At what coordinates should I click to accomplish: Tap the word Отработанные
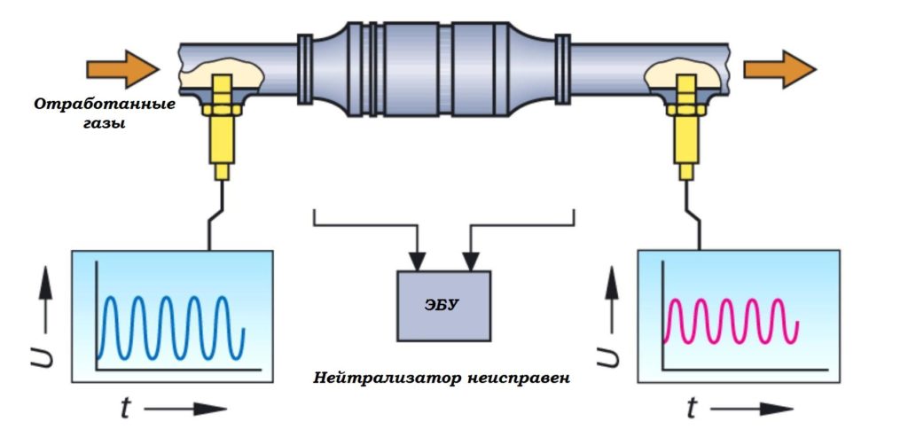click(105, 105)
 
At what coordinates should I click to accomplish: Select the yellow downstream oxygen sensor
click(686, 133)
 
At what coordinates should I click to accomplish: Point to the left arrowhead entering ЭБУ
click(416, 262)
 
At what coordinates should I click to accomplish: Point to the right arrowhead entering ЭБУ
click(469, 262)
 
